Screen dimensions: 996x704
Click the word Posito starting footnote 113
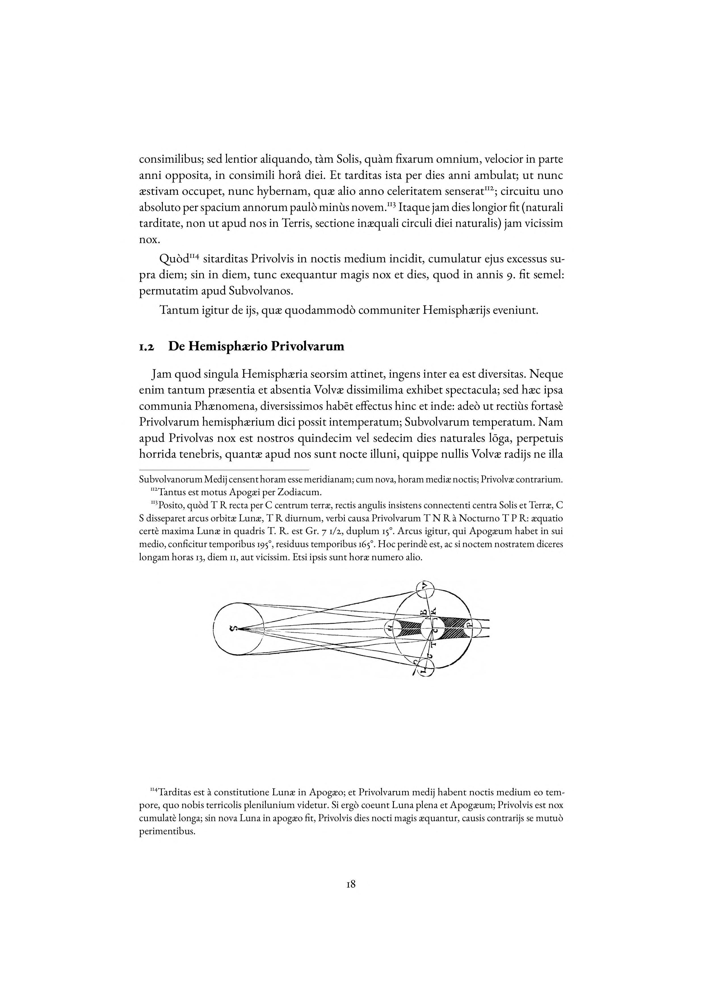coord(172,506)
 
